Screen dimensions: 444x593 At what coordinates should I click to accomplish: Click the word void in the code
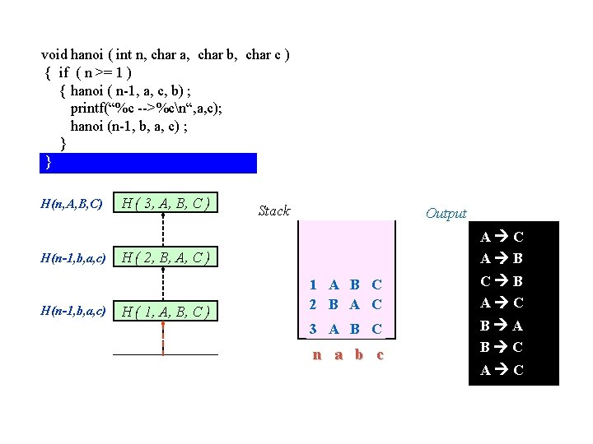click(x=54, y=55)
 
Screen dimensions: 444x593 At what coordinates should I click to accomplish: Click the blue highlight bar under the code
click(x=148, y=162)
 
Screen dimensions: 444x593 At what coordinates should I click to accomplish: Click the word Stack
click(x=273, y=211)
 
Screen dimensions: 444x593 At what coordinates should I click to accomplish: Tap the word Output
click(x=446, y=214)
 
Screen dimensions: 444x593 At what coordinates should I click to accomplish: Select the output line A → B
click(x=502, y=258)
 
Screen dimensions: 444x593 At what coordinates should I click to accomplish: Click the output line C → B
click(x=502, y=280)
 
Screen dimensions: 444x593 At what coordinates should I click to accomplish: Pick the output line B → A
click(x=502, y=326)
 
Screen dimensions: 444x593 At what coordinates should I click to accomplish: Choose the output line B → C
click(x=502, y=347)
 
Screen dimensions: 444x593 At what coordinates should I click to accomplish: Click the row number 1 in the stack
click(x=314, y=285)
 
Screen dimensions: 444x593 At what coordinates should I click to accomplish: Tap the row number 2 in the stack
click(x=314, y=304)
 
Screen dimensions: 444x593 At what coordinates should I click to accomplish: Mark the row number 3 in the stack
click(x=314, y=329)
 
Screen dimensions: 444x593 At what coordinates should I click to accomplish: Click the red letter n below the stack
click(x=316, y=355)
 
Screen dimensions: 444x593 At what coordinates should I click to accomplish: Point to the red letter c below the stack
click(x=379, y=355)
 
